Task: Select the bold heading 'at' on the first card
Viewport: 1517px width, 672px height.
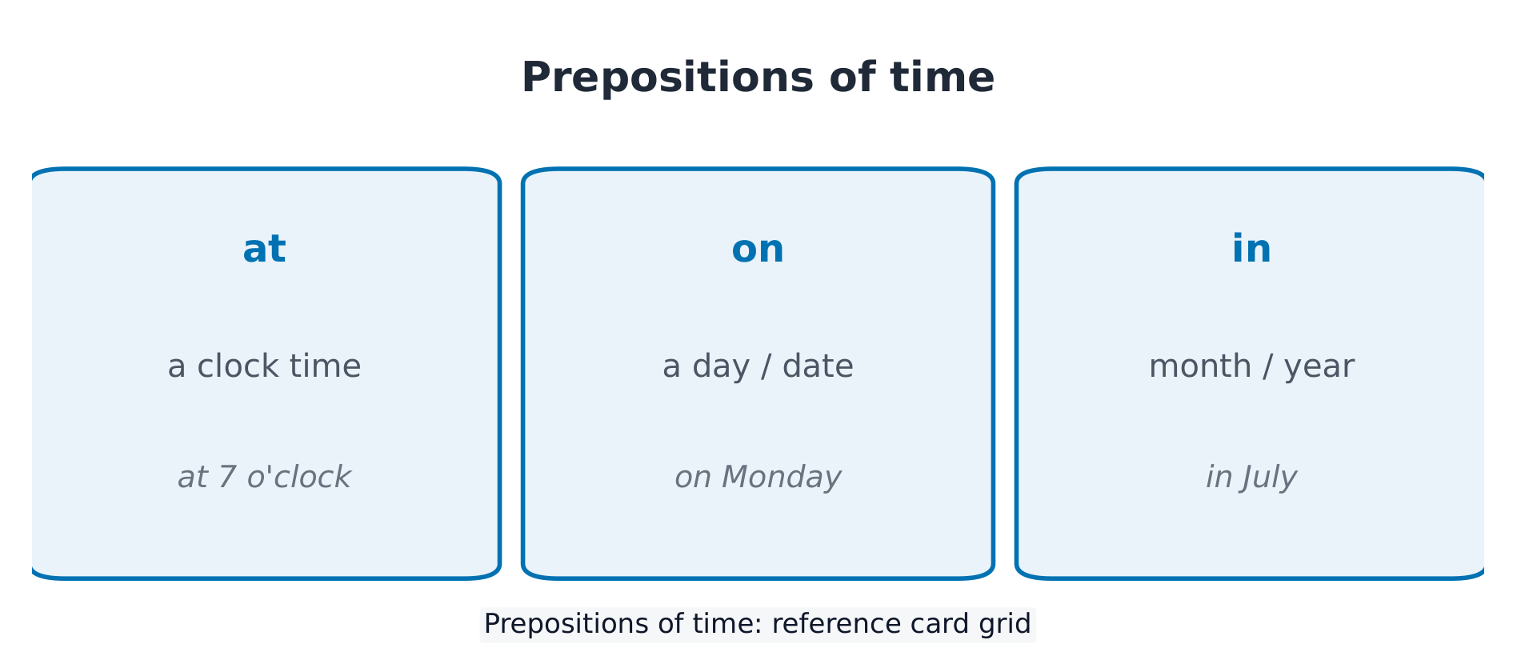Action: [264, 249]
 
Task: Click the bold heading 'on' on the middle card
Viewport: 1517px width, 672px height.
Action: [758, 250]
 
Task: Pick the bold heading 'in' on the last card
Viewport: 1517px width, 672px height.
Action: [1251, 249]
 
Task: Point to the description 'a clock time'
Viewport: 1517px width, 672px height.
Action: [264, 366]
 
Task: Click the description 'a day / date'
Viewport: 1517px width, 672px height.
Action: [758, 366]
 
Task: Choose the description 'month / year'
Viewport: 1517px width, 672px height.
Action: [1251, 366]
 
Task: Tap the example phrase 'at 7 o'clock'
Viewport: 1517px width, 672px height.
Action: [264, 478]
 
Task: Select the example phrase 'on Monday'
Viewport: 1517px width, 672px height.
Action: [758, 478]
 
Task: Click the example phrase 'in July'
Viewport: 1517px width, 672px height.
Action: [1251, 478]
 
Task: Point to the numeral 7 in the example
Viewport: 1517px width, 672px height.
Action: [227, 478]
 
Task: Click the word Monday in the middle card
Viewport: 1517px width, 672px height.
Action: [782, 478]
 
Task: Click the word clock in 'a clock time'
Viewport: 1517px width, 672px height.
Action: [238, 366]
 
